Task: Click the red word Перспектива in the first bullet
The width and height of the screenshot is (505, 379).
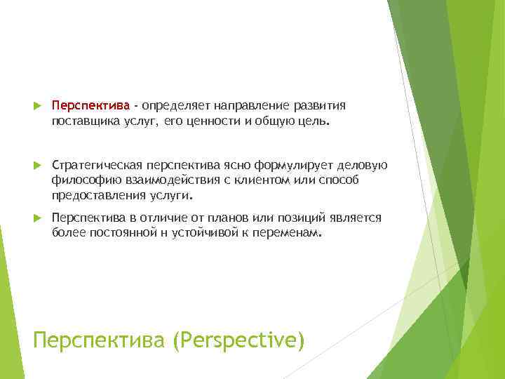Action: (91, 105)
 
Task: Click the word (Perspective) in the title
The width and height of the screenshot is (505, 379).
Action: (243, 341)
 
